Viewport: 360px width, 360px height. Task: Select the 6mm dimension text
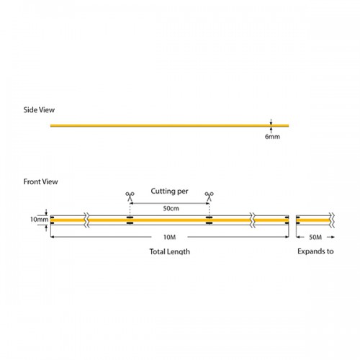pyautogui.click(x=272, y=136)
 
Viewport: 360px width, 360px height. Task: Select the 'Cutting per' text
pyautogui.click(x=170, y=192)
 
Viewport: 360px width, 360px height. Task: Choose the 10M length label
pyautogui.click(x=170, y=236)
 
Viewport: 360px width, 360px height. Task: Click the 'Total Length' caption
pyautogui.click(x=170, y=253)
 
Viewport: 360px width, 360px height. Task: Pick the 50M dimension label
pyautogui.click(x=314, y=236)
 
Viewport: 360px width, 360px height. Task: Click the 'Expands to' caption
pyautogui.click(x=314, y=253)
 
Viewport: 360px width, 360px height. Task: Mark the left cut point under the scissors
pyautogui.click(x=130, y=219)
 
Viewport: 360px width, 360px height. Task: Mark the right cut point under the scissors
pyautogui.click(x=210, y=219)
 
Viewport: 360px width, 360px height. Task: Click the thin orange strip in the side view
pyautogui.click(x=158, y=126)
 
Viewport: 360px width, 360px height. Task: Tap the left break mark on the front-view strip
pyautogui.click(x=87, y=219)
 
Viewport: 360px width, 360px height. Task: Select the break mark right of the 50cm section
pyautogui.click(x=253, y=219)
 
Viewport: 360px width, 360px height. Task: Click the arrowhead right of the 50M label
pyautogui.click(x=330, y=236)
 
